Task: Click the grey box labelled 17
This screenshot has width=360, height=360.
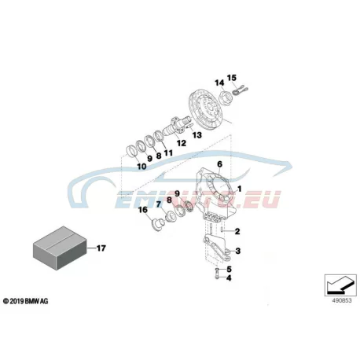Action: click(x=60, y=248)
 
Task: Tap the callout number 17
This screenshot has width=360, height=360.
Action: click(x=101, y=248)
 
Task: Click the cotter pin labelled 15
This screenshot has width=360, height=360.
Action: click(x=240, y=90)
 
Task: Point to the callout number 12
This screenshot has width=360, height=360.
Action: click(x=182, y=143)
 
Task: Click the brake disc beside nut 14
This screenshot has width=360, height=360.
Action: click(x=204, y=110)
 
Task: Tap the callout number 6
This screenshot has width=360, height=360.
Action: click(x=219, y=164)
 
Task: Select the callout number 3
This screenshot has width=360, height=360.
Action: click(x=237, y=251)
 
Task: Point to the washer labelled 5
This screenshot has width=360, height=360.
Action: click(x=217, y=270)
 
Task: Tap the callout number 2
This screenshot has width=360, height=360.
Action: click(x=237, y=231)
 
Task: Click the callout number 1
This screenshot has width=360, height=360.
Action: click(x=239, y=189)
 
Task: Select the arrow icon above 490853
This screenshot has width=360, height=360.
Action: click(x=340, y=285)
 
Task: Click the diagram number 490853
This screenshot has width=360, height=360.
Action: click(x=342, y=300)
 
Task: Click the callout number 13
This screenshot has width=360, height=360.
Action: click(x=197, y=135)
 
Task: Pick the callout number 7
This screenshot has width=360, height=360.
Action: click(x=159, y=204)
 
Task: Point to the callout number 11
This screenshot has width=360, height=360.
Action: click(x=168, y=152)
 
